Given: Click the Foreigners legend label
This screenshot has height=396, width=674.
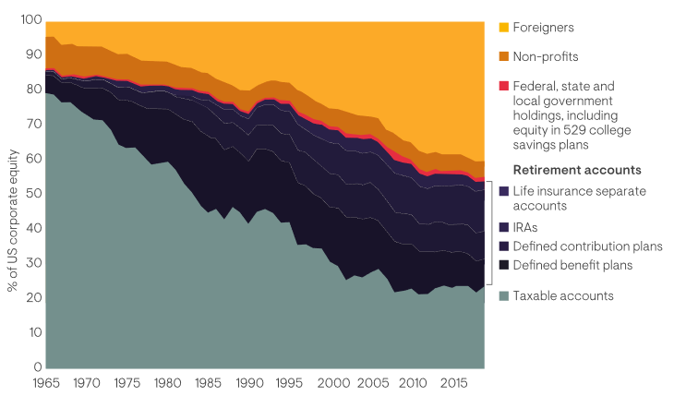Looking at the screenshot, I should click(544, 27).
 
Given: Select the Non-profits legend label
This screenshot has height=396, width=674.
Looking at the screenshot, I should click(547, 56).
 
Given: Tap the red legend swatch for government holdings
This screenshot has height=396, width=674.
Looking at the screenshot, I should click(503, 86).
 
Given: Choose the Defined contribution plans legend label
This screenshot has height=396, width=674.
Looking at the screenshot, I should click(588, 246).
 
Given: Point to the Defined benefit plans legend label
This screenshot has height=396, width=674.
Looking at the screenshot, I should click(573, 266).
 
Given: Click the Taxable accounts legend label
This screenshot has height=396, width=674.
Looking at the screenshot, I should click(562, 296).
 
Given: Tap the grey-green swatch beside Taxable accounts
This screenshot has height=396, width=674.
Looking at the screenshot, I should click(503, 296).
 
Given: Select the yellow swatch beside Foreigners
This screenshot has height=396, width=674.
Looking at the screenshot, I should click(503, 27).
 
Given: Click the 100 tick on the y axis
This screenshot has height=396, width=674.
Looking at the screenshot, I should click(30, 20).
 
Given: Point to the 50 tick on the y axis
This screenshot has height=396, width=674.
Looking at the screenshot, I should click(33, 193).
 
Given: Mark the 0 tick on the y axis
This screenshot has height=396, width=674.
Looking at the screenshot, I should click(37, 366).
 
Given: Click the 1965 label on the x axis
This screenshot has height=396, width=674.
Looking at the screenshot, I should click(45, 381).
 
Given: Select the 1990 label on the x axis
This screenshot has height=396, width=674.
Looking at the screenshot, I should click(245, 381).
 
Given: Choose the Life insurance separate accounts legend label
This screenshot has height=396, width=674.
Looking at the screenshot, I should click(579, 198).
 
